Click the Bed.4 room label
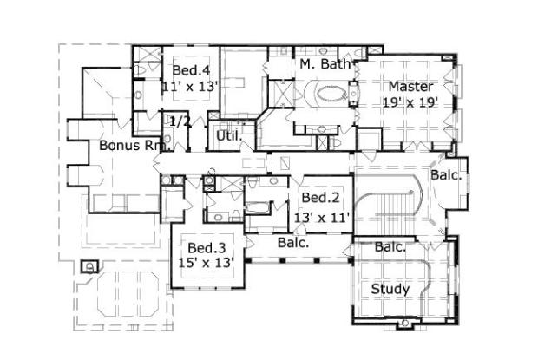[x=191, y=70]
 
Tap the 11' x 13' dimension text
[x=190, y=87]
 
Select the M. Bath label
[x=325, y=64]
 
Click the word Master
[x=410, y=87]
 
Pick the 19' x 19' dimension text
[x=410, y=102]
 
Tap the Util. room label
[x=229, y=136]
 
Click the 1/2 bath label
[x=180, y=121]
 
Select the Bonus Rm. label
[x=134, y=146]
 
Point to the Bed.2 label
[x=320, y=198]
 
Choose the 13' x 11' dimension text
[x=322, y=217]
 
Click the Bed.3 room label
[x=207, y=247]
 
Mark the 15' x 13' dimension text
[x=207, y=263]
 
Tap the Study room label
[x=390, y=289]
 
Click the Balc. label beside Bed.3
[x=293, y=243]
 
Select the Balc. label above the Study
[x=390, y=247]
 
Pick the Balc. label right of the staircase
[x=446, y=175]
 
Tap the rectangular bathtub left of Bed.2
[x=258, y=208]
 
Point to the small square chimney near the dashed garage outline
[x=89, y=266]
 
